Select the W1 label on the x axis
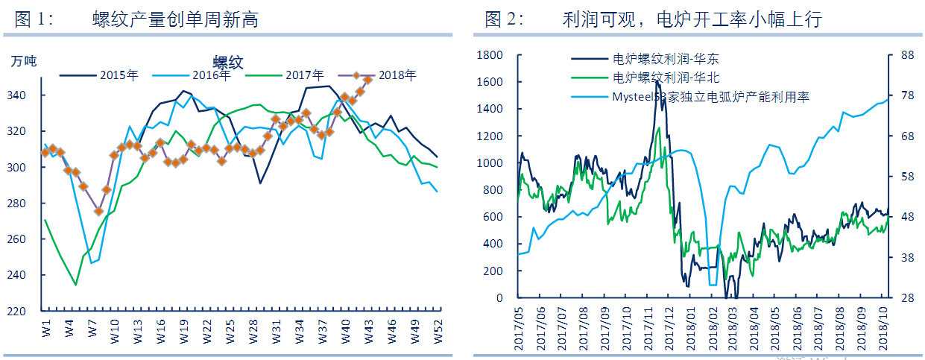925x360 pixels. (45, 329)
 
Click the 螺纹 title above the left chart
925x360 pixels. (228, 62)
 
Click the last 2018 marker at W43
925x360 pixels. (367, 79)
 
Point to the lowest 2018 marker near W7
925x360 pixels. (98, 212)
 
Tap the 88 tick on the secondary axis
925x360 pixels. (907, 55)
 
